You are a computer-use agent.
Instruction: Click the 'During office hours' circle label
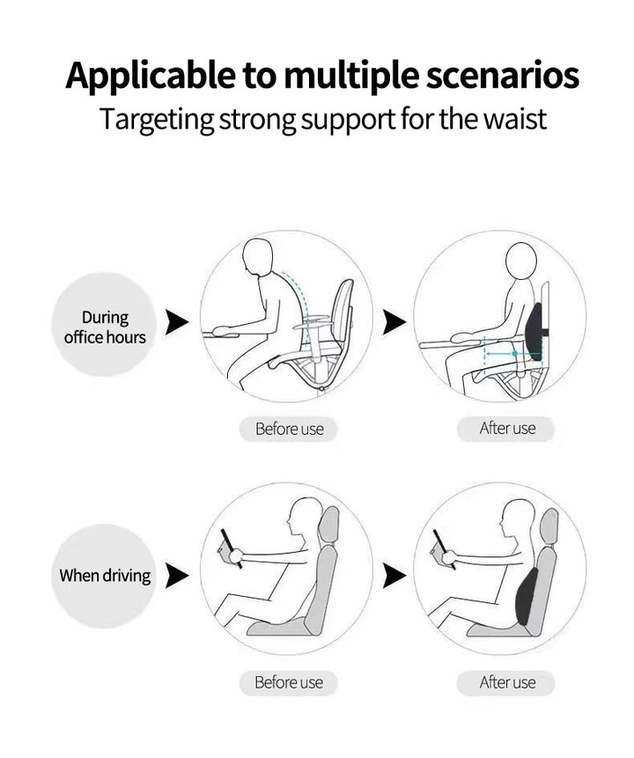point(105,327)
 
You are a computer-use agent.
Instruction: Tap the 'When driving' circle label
point(105,577)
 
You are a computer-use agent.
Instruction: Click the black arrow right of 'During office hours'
point(178,322)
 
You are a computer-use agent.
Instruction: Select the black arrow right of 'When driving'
point(178,576)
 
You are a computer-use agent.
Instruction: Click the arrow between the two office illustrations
point(394,322)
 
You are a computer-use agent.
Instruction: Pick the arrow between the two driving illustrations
point(394,576)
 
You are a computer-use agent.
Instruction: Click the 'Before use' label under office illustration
point(289,430)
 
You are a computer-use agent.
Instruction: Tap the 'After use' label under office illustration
point(507,429)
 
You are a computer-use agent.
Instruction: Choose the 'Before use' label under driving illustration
point(289,682)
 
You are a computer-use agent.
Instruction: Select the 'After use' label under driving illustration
point(507,682)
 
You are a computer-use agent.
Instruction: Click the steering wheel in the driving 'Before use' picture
point(232,548)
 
